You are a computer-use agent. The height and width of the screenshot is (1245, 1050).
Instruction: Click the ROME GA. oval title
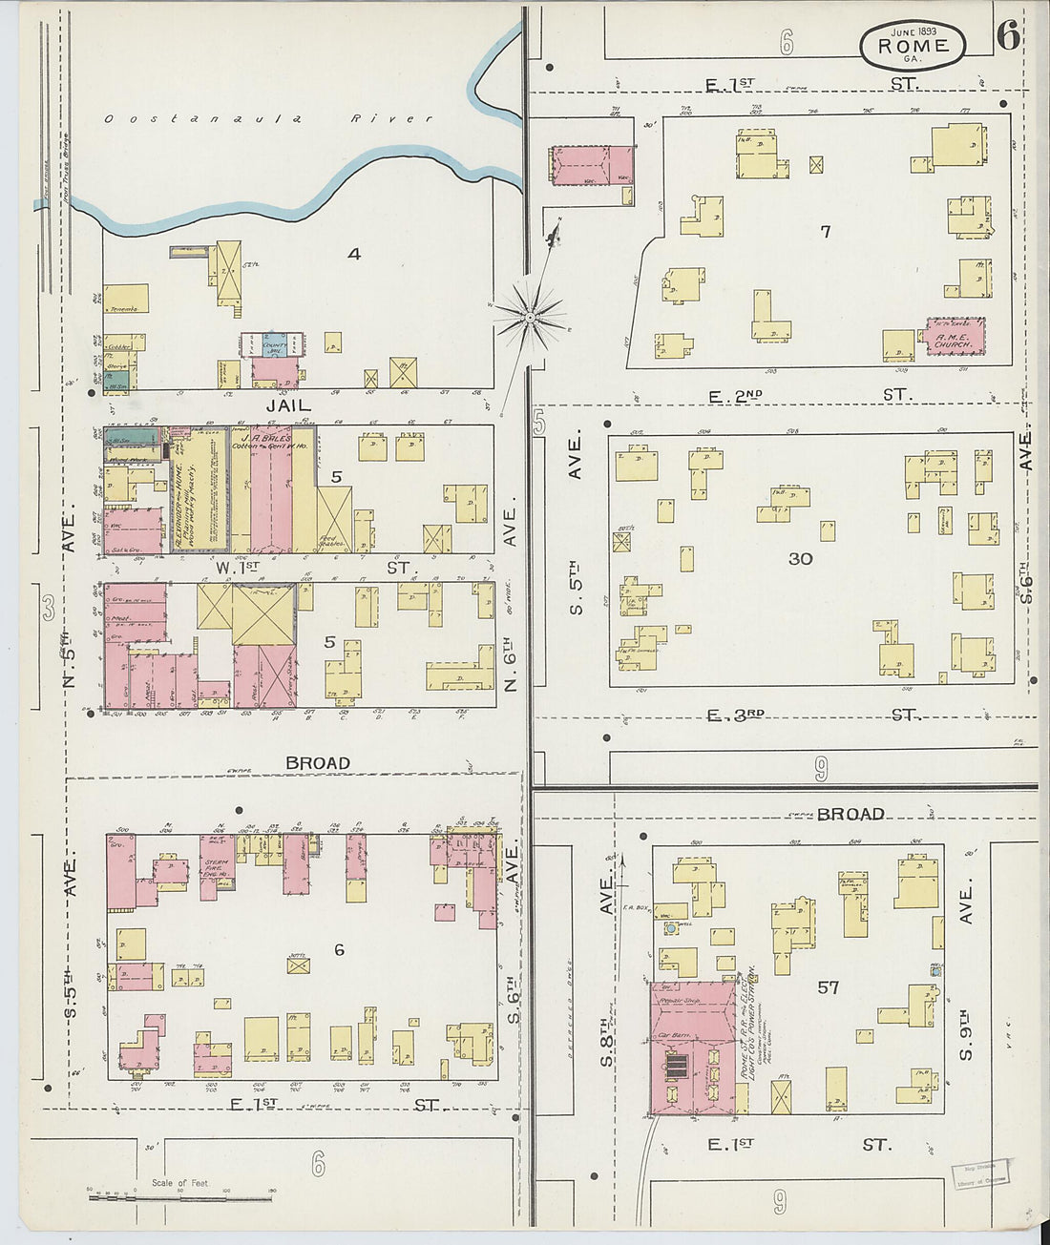tap(913, 45)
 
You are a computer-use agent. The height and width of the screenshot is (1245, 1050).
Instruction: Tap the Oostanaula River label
tap(268, 119)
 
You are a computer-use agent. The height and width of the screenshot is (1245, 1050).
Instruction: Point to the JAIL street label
tap(288, 405)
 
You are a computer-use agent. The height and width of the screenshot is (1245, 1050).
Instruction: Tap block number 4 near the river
tap(354, 254)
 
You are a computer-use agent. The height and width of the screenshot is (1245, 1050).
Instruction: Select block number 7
tap(826, 231)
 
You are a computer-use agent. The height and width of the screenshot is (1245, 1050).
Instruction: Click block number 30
tap(800, 558)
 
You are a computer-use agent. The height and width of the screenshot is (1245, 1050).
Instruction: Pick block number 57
tap(828, 987)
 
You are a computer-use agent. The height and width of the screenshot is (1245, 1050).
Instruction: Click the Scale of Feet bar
tap(181, 1195)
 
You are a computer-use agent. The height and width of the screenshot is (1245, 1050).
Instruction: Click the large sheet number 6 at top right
tap(1006, 35)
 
